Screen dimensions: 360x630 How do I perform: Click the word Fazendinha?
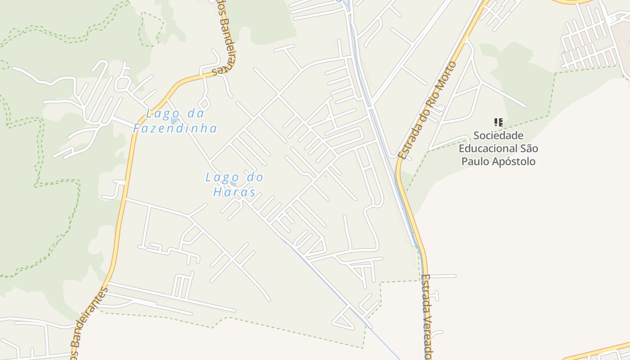tap(175, 128)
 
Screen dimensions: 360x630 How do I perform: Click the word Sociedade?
tap(498, 135)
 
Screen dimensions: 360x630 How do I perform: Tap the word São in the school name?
tap(529, 148)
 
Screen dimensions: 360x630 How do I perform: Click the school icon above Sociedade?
tap(498, 122)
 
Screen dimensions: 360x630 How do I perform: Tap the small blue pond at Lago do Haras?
tap(233, 184)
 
